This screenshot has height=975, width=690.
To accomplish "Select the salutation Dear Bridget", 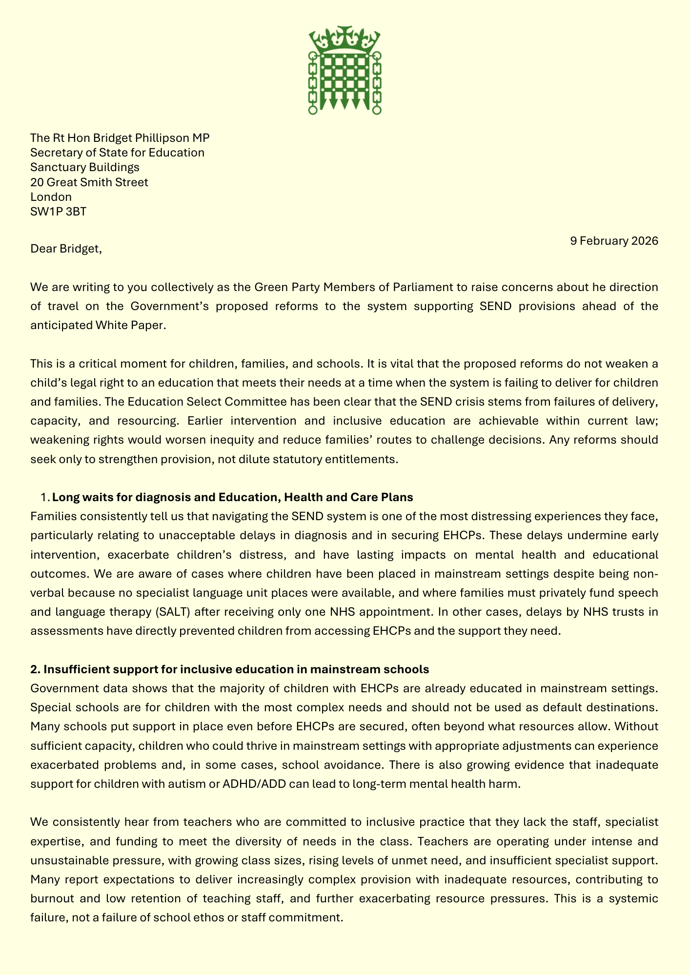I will coord(66,249).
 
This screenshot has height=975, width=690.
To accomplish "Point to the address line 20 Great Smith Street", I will coord(89,182).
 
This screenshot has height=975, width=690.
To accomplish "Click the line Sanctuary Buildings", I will coord(84,167).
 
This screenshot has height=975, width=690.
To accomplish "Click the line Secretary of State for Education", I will coord(117,153).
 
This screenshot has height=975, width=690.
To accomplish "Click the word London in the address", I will coord(51,197).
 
